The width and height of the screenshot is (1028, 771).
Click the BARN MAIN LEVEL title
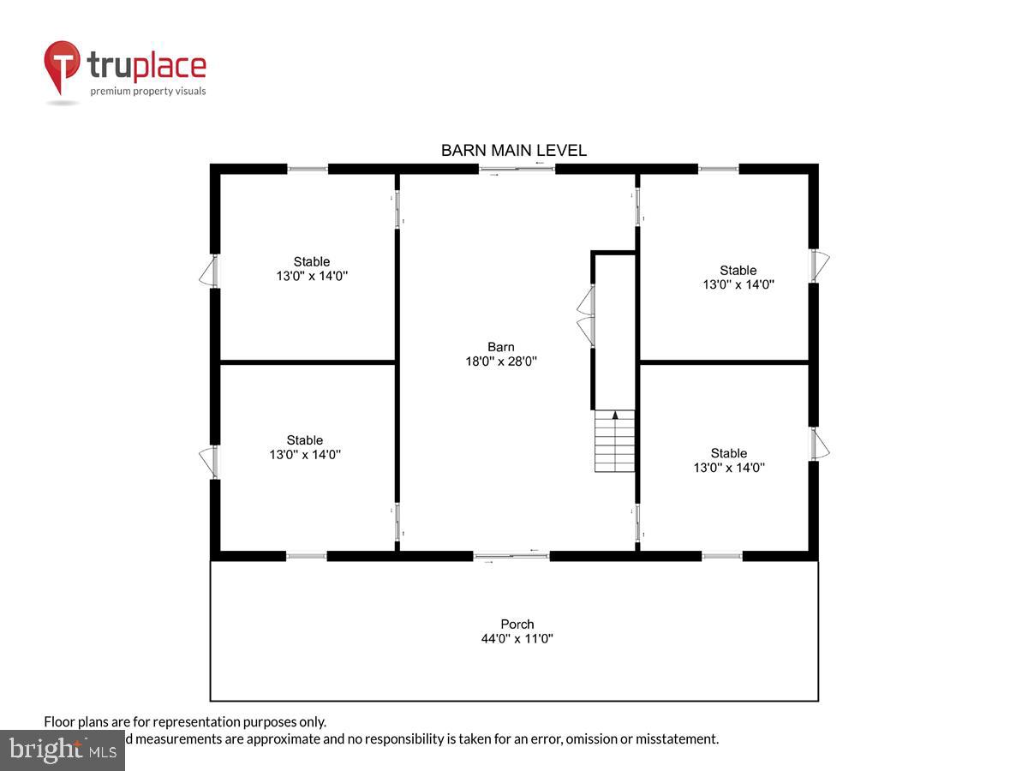(x=513, y=151)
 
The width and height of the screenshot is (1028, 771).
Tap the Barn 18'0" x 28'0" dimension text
(x=501, y=362)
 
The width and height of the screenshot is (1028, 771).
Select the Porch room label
(x=517, y=625)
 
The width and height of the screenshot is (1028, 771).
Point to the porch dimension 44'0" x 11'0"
(x=517, y=639)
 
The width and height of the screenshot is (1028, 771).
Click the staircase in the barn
(x=615, y=441)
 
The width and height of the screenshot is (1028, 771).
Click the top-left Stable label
(x=311, y=262)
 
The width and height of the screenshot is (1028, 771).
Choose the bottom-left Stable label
(x=305, y=440)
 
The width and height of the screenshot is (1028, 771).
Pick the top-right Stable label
(x=738, y=271)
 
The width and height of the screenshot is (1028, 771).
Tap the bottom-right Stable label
(x=728, y=453)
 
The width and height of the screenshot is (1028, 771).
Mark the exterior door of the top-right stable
(x=820, y=266)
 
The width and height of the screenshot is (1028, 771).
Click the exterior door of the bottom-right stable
(x=820, y=444)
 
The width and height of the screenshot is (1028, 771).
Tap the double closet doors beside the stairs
(x=587, y=315)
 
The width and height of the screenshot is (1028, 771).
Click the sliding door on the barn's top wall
(x=517, y=168)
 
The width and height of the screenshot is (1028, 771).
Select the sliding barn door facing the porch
(x=512, y=557)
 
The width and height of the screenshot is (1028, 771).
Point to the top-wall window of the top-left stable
(x=308, y=169)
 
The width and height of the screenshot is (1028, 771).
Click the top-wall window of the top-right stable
(x=718, y=169)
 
